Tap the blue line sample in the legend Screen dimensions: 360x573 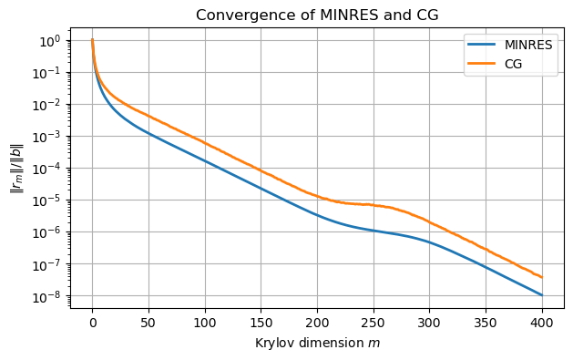pyautogui.click(x=482, y=46)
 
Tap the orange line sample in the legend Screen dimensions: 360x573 pyautogui.click(x=482, y=63)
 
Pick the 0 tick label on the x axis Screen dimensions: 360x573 pyautogui.click(x=92, y=324)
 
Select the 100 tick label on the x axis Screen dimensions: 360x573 pyautogui.click(x=205, y=324)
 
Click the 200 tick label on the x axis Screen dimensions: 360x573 pyautogui.click(x=317, y=324)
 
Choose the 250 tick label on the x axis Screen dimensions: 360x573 pyautogui.click(x=373, y=324)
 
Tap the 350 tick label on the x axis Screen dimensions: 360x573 pyautogui.click(x=486, y=324)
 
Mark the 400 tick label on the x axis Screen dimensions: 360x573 pyautogui.click(x=542, y=324)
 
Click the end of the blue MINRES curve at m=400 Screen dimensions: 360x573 pyautogui.click(x=542, y=295)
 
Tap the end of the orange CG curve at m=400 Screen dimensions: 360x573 pyautogui.click(x=542, y=277)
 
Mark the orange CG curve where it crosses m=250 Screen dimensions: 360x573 pyautogui.click(x=373, y=205)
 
